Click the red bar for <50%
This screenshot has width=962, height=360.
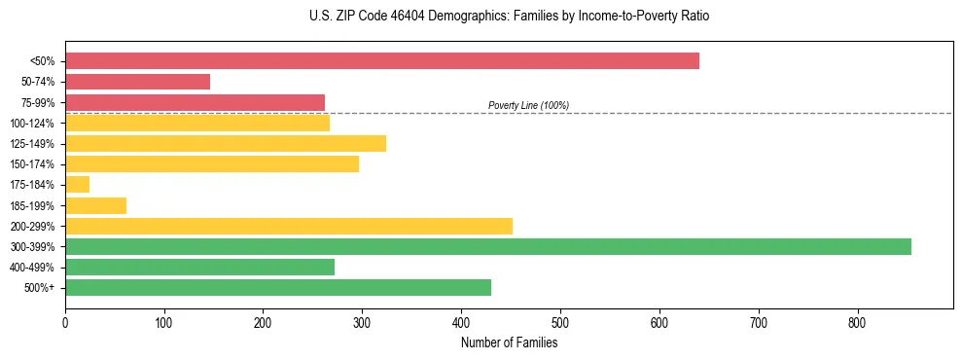tap(381, 61)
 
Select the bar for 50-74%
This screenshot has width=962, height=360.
tap(137, 82)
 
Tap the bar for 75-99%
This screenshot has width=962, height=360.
tap(195, 102)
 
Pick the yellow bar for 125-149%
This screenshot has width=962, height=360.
tap(226, 144)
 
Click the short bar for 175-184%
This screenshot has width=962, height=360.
tap(77, 185)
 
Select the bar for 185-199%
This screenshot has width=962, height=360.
tap(95, 205)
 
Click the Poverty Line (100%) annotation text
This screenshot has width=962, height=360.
tap(528, 105)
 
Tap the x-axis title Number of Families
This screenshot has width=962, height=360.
tap(509, 342)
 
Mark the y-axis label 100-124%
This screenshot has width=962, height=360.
tap(31, 124)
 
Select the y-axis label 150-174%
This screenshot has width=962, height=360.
tap(31, 164)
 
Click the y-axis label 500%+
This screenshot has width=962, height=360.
tap(40, 288)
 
